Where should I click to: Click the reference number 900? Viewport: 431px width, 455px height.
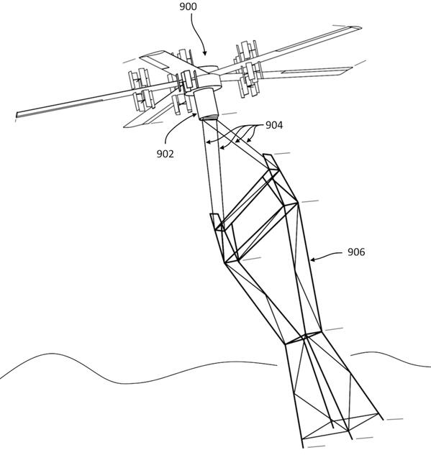[x=188, y=6]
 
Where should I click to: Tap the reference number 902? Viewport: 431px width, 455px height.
[x=165, y=154]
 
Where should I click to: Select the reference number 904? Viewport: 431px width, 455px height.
[x=274, y=125]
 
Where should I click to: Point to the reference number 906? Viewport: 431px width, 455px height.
[x=356, y=252]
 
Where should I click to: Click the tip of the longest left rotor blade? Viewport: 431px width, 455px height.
[x=17, y=115]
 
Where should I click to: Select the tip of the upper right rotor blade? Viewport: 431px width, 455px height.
[x=360, y=28]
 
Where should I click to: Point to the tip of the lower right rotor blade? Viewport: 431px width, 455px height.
[x=351, y=69]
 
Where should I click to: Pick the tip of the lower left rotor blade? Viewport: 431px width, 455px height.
[x=125, y=127]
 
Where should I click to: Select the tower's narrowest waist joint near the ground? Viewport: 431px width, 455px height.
[x=304, y=336]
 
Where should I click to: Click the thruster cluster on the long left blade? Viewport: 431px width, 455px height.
[x=141, y=89]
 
